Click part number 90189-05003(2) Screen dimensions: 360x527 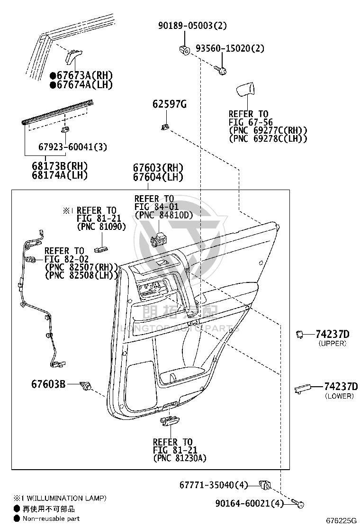pos(192,26)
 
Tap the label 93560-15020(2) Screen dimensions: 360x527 pos(230,48)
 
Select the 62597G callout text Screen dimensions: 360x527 pos(170,104)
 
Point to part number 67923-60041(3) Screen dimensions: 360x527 pos(72,147)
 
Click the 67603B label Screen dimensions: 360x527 pos(48,384)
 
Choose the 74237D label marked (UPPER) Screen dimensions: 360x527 pos(332,334)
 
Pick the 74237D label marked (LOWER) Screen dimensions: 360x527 pos(341,387)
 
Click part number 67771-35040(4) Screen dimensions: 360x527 pos(214,485)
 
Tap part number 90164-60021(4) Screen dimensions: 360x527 pos(250,503)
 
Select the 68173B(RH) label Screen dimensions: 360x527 pos(60,166)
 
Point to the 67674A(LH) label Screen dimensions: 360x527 pos(81,84)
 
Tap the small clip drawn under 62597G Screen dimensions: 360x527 pos(164,127)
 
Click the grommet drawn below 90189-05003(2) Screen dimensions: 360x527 pos(184,49)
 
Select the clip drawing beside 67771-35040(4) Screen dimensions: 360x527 pos(265,485)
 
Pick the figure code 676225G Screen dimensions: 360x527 pos(341,521)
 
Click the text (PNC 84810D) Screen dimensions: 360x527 pos(164,215)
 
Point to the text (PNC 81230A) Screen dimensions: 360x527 pos(180,458)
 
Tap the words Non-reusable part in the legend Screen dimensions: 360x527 pos(51,518)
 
